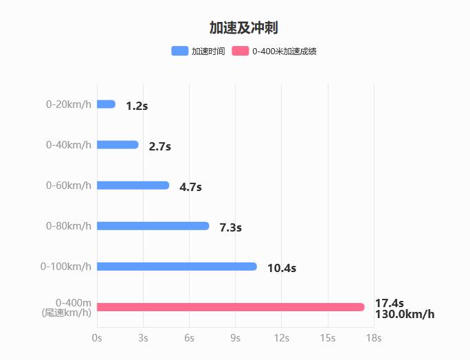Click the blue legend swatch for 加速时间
pyautogui.click(x=179, y=51)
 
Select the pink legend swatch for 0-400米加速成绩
pyautogui.click(x=240, y=51)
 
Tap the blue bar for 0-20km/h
pyautogui.click(x=107, y=104)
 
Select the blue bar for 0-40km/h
pyautogui.click(x=117, y=145)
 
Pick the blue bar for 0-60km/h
pyautogui.click(x=133, y=185)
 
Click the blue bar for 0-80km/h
pyautogui.click(x=153, y=226)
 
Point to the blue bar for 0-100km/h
pyautogui.click(x=177, y=267)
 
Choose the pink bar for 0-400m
pyautogui.click(x=230, y=307)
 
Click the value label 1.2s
pyautogui.click(x=137, y=106)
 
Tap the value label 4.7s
pyautogui.click(x=190, y=187)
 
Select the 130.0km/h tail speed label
pyautogui.click(x=405, y=315)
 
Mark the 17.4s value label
pyautogui.click(x=389, y=303)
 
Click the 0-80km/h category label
pyautogui.click(x=69, y=226)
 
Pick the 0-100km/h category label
pyautogui.click(x=66, y=267)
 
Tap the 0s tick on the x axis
pyautogui.click(x=97, y=338)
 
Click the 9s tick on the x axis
pyautogui.click(x=236, y=338)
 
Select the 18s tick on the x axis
pyautogui.click(x=374, y=338)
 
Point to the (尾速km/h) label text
pyautogui.click(x=67, y=313)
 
